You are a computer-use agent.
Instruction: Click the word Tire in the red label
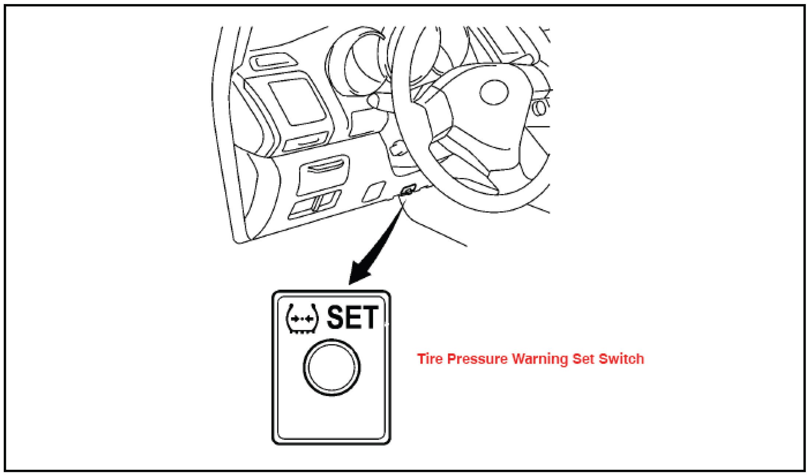429,358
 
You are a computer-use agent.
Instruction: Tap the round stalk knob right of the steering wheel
541,107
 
